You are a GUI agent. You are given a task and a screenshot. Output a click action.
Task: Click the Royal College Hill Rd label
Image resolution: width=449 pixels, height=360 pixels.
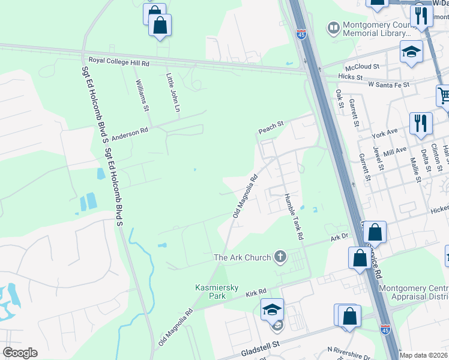[119, 61]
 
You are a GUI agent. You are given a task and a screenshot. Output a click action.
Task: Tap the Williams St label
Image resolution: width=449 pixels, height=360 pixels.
[142, 95]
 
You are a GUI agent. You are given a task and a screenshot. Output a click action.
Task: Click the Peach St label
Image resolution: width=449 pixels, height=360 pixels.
[270, 128]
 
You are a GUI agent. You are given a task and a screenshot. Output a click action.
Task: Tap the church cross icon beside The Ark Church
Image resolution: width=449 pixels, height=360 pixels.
[280, 257]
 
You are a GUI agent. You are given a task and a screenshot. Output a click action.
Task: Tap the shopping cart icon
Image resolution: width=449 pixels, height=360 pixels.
[444, 95]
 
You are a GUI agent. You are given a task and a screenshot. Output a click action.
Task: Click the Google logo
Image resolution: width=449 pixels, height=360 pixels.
[19, 353]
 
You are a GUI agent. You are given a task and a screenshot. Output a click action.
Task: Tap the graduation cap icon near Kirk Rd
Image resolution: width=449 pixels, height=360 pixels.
[272, 310]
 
